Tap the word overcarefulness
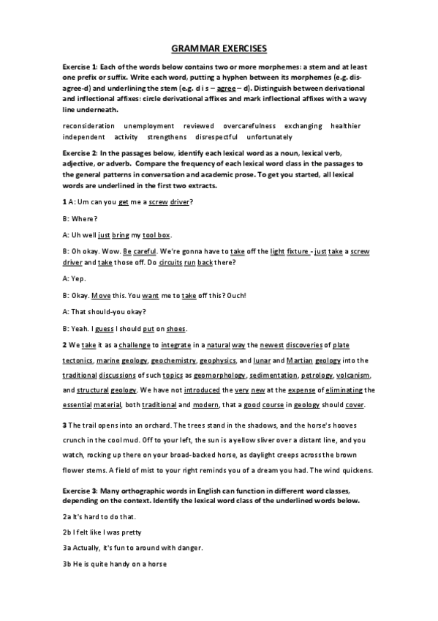[x=249, y=126]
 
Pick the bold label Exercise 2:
[x=86, y=153]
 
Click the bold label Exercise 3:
[x=86, y=488]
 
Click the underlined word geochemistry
[x=175, y=360]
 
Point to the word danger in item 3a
[x=187, y=548]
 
